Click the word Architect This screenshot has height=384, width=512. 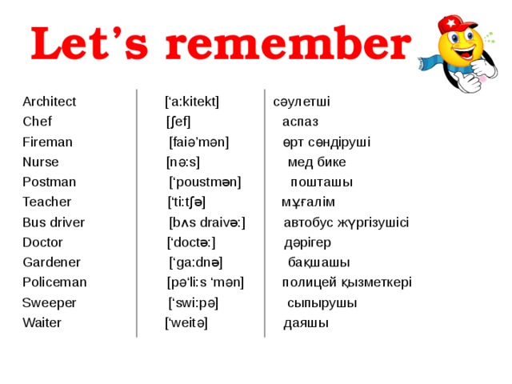(x=50, y=102)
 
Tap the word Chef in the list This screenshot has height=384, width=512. (x=37, y=122)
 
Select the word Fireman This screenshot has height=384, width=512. (x=47, y=142)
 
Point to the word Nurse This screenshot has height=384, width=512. (x=41, y=162)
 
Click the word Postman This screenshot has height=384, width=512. (x=49, y=182)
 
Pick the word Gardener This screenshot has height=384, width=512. (x=51, y=262)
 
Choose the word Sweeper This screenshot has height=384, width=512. (x=50, y=303)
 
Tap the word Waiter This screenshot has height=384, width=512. (x=42, y=323)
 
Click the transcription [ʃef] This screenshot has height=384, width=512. (x=178, y=122)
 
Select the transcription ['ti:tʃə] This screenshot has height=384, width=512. (x=186, y=202)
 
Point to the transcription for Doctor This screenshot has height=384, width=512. (x=191, y=242)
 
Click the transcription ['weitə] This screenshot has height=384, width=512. (x=186, y=323)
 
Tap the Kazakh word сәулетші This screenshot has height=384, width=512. (x=302, y=102)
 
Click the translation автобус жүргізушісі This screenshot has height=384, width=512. (x=346, y=222)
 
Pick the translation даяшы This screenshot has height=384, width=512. (x=306, y=323)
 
